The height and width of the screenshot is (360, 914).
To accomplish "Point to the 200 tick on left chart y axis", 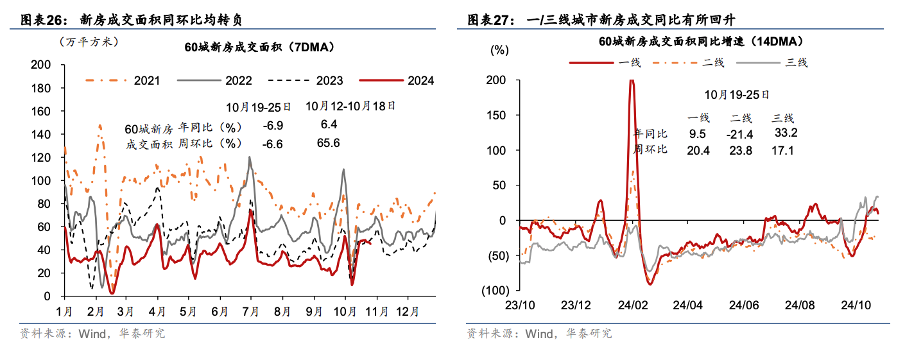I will coord(41,65).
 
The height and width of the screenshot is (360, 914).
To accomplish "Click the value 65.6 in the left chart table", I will coord(328,143).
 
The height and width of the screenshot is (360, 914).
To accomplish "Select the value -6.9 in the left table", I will coord(273,124).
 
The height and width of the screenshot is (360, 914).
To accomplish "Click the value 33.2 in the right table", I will coord(786,133).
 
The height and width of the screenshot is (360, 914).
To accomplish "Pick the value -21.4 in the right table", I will coord(739,134).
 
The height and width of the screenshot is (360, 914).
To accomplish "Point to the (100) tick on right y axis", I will coord(493,291).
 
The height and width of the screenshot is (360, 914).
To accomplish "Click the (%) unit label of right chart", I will coord(499,50).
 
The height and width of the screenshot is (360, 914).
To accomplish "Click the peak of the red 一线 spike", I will coord(632,81).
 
